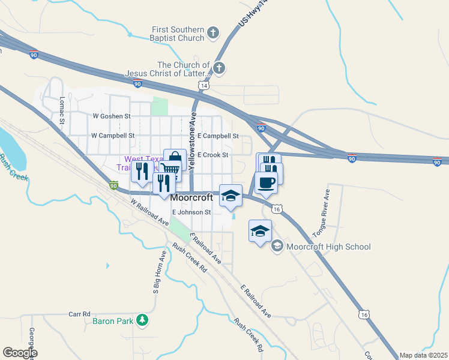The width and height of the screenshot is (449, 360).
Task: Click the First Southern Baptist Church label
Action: [178, 34]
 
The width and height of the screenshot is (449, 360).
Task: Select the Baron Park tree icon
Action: [142, 320]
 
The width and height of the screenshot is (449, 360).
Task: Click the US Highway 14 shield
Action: [204, 86]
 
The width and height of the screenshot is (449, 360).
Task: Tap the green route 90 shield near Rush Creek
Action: [113, 185]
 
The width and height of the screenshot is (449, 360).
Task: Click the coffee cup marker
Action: [265, 182]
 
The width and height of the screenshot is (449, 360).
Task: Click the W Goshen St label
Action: [111, 116]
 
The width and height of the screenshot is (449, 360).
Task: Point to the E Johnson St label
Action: [191, 212]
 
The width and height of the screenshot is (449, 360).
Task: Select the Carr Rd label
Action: [79, 314]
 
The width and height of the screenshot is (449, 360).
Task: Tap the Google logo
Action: [20, 353]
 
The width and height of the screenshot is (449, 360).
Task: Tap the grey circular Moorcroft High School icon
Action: [277, 246]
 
